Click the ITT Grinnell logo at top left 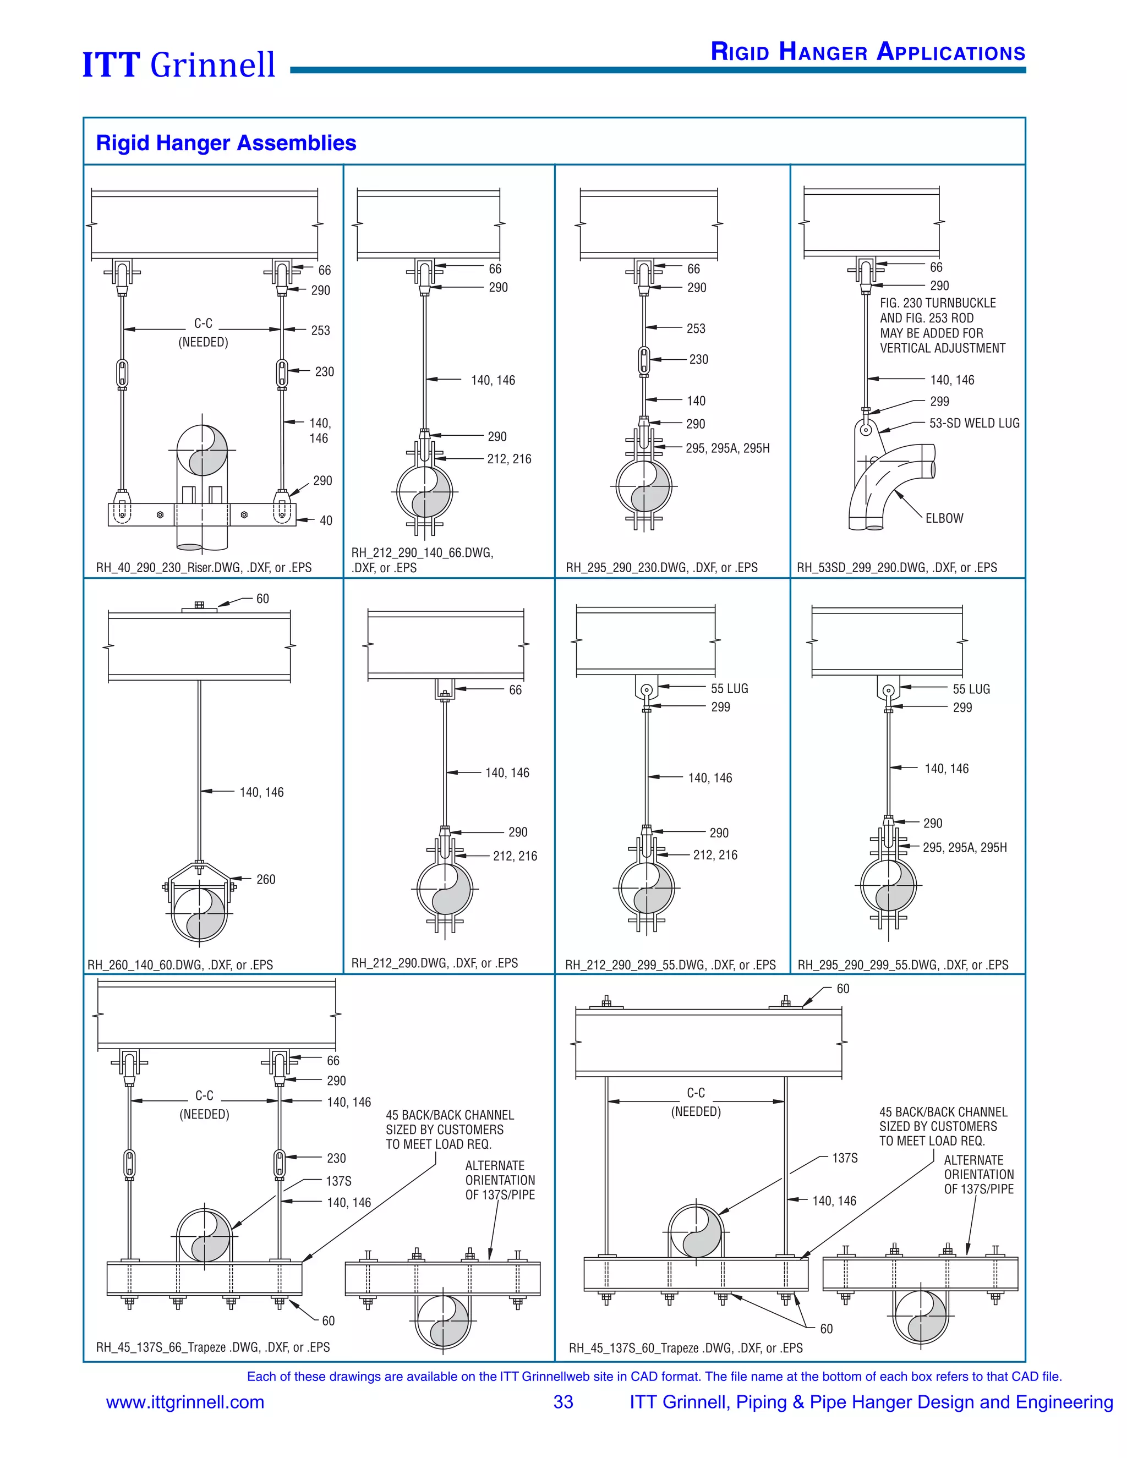tap(178, 65)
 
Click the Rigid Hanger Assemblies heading tap(226, 143)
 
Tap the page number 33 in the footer tap(563, 1402)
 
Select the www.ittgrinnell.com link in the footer tap(185, 1402)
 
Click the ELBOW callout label tap(944, 518)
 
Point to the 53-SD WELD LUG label tap(974, 423)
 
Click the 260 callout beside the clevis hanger tap(266, 879)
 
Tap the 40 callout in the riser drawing tap(326, 520)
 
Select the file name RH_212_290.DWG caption tap(435, 963)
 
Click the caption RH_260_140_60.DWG tap(180, 964)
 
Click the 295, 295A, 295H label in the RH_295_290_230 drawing tap(727, 448)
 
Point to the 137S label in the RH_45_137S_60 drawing tap(845, 1158)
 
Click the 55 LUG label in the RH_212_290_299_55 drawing tap(729, 688)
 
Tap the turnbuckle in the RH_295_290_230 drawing tap(644, 360)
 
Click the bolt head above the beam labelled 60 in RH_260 tap(199, 606)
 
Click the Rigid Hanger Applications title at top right tap(867, 52)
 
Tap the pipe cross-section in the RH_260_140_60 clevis tap(199, 913)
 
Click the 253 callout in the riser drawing tap(320, 331)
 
